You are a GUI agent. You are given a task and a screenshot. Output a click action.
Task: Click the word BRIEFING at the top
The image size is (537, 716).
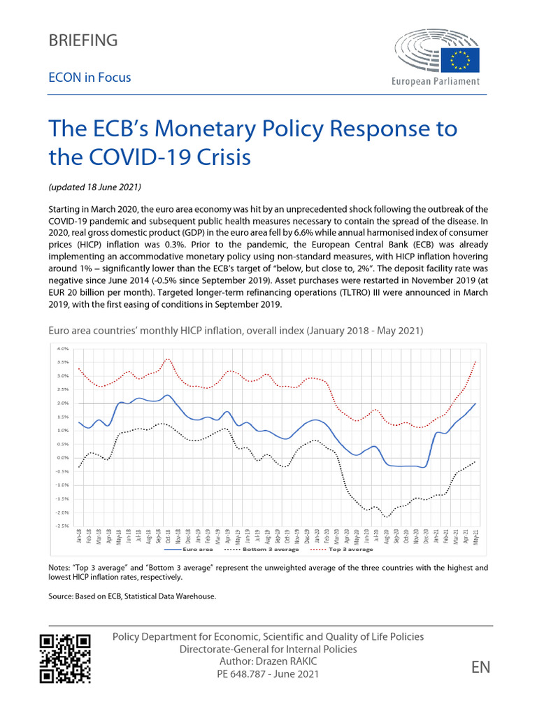(83, 41)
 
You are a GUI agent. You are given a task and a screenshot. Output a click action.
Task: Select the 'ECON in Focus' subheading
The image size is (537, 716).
(89, 78)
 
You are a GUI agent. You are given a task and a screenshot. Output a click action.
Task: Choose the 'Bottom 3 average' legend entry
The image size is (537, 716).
(269, 549)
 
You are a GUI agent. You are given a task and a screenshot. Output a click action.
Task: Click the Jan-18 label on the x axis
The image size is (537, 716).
(80, 536)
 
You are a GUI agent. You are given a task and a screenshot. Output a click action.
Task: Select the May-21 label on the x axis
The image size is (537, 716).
(476, 536)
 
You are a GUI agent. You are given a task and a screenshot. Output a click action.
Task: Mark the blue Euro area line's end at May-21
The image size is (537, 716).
(476, 403)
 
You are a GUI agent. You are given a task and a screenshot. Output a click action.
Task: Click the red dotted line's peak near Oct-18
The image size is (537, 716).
(168, 359)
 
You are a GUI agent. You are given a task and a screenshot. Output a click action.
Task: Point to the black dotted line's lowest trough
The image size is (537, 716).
(385, 517)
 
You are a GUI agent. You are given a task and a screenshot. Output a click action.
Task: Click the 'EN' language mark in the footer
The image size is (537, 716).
(480, 667)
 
